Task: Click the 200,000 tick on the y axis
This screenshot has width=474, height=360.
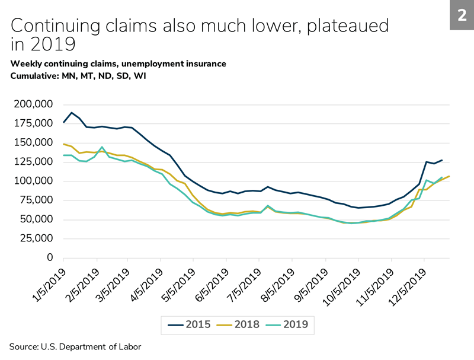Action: [33, 104]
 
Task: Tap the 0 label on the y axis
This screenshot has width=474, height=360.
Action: [50, 258]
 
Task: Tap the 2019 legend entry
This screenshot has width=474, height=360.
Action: [290, 324]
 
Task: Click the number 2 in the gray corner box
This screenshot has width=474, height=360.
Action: [461, 15]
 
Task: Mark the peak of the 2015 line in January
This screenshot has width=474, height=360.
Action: [72, 113]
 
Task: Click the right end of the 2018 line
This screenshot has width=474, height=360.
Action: [449, 176]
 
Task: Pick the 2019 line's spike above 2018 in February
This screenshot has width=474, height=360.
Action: [103, 147]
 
